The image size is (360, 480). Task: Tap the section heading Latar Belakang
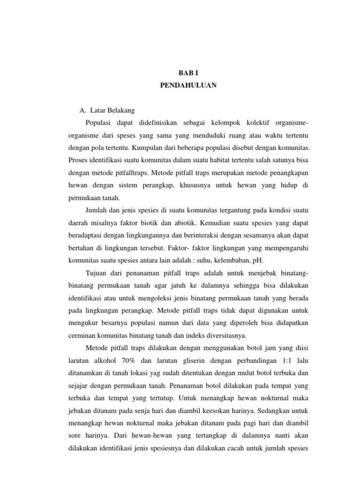(x=111, y=111)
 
